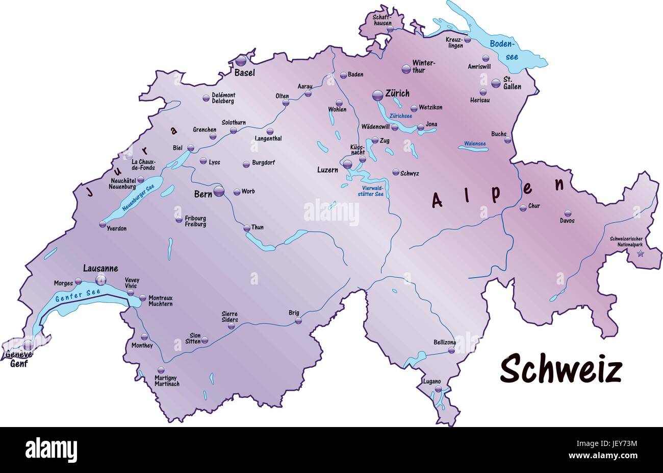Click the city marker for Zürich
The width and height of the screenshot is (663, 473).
pyautogui.click(x=377, y=94)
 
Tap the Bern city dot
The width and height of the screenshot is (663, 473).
pyautogui.click(x=219, y=192)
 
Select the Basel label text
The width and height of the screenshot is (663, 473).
pyautogui.click(x=244, y=73)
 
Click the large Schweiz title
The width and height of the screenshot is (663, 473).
pyautogui.click(x=560, y=369)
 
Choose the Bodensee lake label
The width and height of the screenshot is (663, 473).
pyautogui.click(x=504, y=50)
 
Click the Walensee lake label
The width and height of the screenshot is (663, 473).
pyautogui.click(x=474, y=144)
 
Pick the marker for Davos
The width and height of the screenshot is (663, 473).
pyautogui.click(x=567, y=214)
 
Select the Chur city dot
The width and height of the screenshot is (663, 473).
pyautogui.click(x=523, y=207)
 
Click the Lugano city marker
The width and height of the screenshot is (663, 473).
pyautogui.click(x=438, y=389)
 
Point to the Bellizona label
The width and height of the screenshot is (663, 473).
pyautogui.click(x=444, y=342)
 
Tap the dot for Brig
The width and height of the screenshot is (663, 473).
pyautogui.click(x=298, y=321)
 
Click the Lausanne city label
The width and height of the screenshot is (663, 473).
pyautogui.click(x=100, y=269)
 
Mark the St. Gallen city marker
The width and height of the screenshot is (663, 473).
pyautogui.click(x=495, y=83)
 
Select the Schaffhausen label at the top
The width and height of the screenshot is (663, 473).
pyautogui.click(x=383, y=20)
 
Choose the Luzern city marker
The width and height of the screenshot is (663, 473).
pyautogui.click(x=347, y=164)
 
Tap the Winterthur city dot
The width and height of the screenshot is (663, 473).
pyautogui.click(x=406, y=68)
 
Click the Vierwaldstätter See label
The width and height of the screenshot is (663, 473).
pyautogui.click(x=370, y=191)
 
